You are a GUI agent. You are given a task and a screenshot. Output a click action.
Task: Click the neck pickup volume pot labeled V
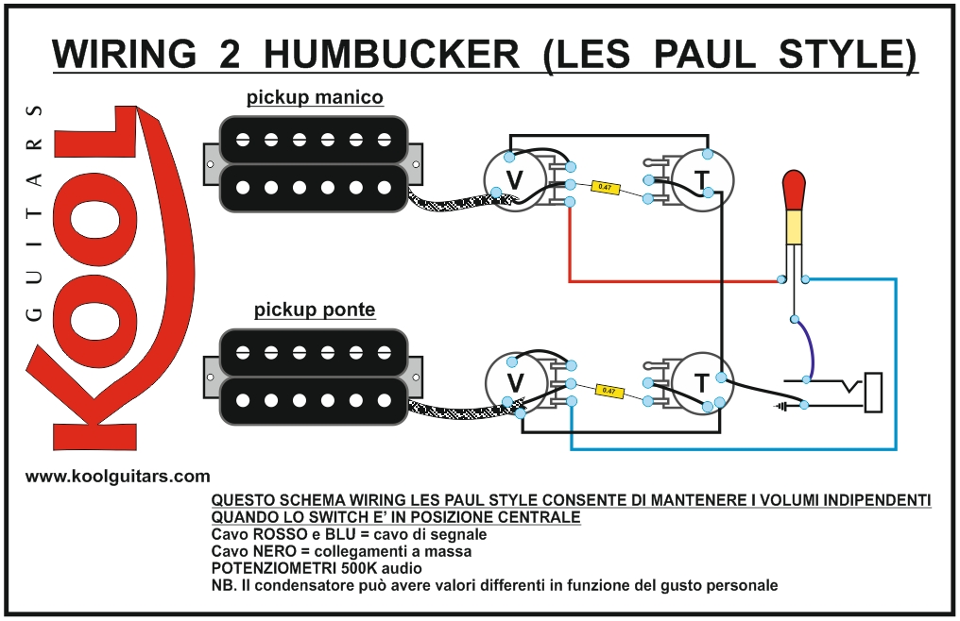[515, 180]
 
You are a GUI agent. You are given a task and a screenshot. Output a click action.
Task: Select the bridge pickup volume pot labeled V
[515, 382]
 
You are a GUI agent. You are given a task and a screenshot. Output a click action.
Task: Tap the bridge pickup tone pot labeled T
[701, 382]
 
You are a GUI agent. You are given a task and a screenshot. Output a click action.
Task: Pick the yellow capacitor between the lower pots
[609, 390]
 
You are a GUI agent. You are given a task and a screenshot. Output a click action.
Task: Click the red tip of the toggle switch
[795, 190]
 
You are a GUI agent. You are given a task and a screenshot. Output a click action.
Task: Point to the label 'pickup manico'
[315, 97]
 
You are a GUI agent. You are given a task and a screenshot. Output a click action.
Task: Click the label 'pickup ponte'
[315, 310]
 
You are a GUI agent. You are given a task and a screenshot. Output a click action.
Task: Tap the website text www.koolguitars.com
[118, 477]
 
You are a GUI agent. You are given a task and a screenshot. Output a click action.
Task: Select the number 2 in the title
[228, 54]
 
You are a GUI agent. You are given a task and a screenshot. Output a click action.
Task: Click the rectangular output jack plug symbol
[874, 392]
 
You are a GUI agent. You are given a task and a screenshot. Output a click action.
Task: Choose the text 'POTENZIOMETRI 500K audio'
[317, 568]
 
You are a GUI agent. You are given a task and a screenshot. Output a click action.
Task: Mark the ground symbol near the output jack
[782, 407]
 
